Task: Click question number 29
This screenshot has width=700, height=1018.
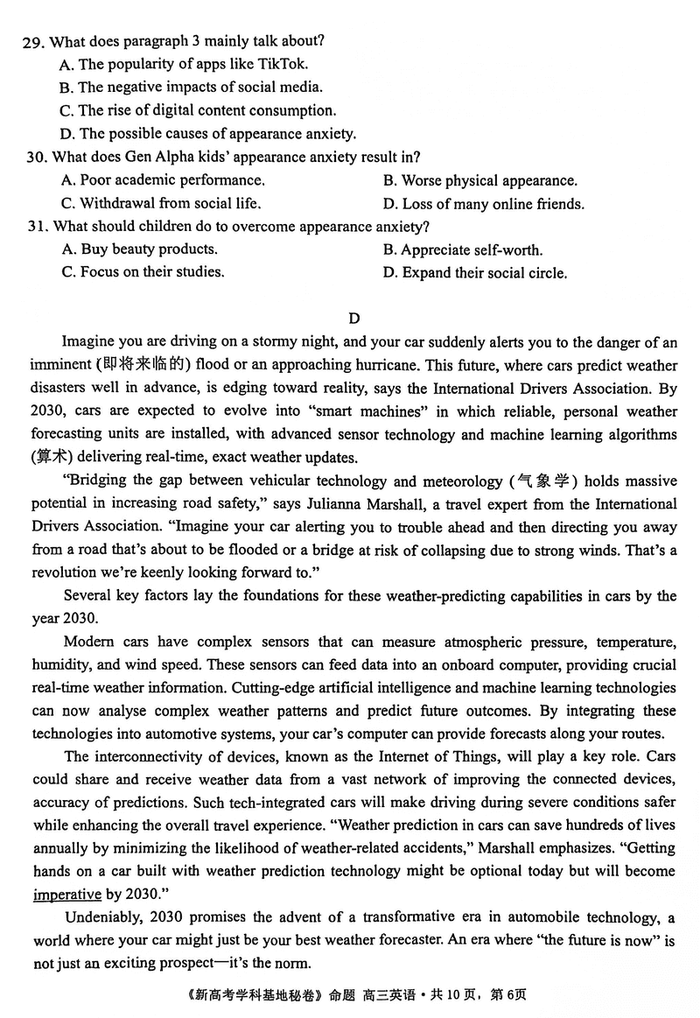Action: click(35, 41)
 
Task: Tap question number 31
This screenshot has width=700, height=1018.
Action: click(35, 227)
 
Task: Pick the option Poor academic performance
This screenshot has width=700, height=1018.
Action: click(163, 180)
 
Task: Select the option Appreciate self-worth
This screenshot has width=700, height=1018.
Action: click(462, 250)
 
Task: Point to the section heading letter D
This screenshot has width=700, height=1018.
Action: click(353, 318)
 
